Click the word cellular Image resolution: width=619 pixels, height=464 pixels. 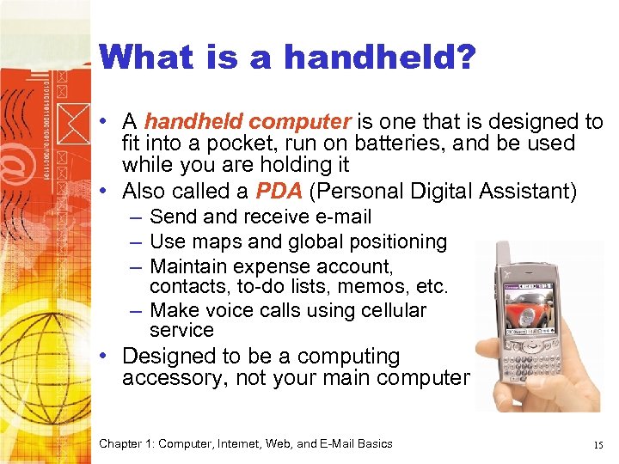point(393,309)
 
